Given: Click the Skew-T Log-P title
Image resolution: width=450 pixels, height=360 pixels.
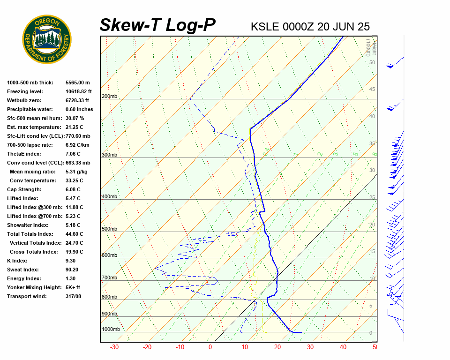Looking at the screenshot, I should click(157, 25).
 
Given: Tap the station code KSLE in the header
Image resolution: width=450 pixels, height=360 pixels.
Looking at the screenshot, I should click(265, 26).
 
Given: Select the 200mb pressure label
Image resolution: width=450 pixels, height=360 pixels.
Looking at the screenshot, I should click(109, 97).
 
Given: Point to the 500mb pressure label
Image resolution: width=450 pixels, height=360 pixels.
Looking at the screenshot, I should click(109, 229).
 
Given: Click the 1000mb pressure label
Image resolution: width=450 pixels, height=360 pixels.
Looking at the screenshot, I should click(111, 330).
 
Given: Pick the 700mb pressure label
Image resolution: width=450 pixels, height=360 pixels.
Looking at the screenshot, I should click(109, 278).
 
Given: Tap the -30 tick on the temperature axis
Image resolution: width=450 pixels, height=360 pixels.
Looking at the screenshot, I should click(114, 347).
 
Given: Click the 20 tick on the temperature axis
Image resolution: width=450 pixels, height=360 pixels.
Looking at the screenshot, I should click(277, 347).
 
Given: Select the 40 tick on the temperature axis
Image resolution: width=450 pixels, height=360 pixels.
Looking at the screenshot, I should click(343, 347).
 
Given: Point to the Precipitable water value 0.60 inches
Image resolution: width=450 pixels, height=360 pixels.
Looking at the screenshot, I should click(79, 110).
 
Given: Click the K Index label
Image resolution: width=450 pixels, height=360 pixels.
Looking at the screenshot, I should click(17, 261).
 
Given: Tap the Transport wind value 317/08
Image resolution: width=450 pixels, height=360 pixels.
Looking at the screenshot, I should click(74, 297).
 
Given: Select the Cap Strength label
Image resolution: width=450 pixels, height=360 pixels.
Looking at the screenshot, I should click(24, 190).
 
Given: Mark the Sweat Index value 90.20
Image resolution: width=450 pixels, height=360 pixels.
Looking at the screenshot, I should click(72, 270).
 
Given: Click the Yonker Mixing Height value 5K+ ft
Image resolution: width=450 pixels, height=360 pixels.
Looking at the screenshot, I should click(73, 288).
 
